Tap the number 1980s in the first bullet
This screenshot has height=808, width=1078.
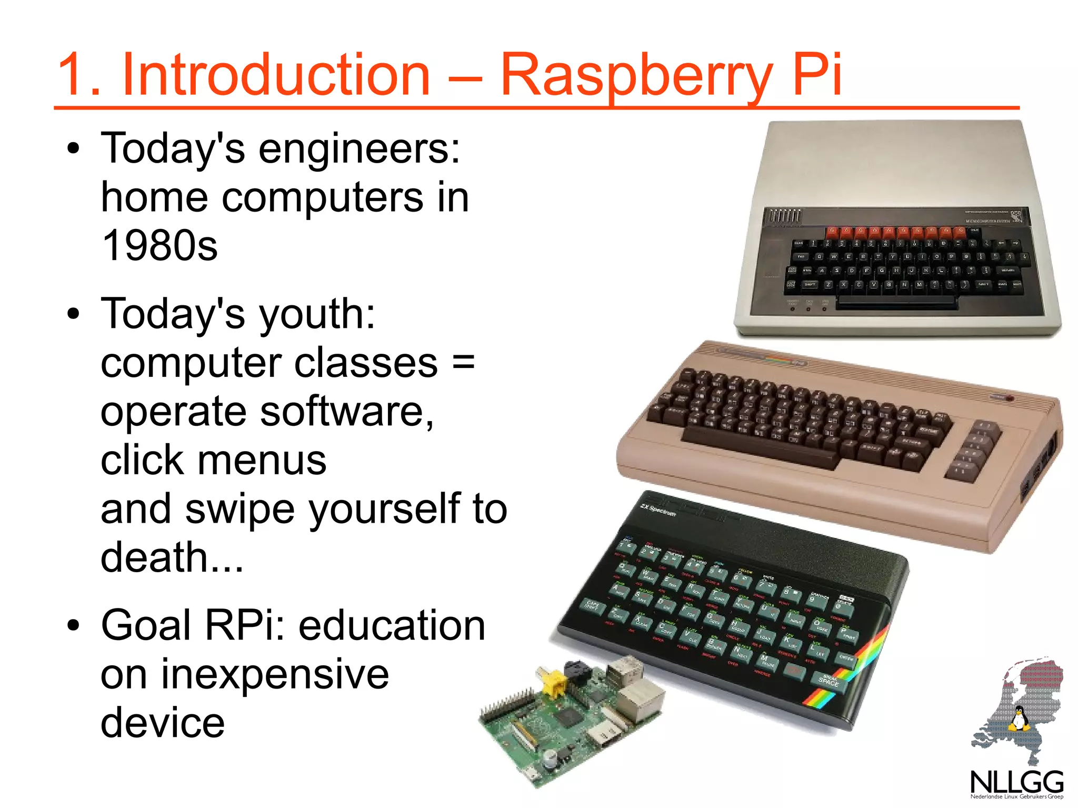pos(159,246)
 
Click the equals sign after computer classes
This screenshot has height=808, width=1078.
pos(463,363)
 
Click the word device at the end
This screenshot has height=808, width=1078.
pos(162,723)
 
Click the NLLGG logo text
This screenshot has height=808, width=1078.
pos(1016,783)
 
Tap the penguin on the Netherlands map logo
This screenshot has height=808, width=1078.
pos(1019,719)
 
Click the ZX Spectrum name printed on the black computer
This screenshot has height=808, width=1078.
pos(657,510)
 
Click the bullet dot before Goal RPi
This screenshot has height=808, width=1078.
pos(74,626)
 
